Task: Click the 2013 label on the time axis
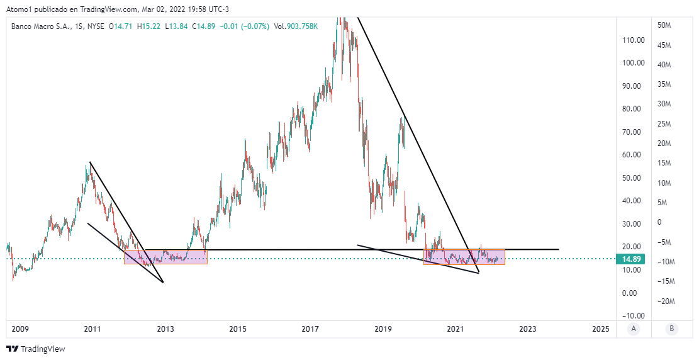point(165,329)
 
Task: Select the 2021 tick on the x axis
point(455,329)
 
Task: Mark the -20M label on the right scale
point(666,301)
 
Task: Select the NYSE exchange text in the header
point(95,26)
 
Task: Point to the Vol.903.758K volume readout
point(296,26)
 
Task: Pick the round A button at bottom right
point(634,329)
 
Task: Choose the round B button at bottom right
point(672,329)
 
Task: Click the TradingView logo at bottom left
point(36,349)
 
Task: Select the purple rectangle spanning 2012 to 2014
point(165,257)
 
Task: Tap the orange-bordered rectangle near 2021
point(464,257)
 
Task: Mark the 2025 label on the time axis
point(600,329)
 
